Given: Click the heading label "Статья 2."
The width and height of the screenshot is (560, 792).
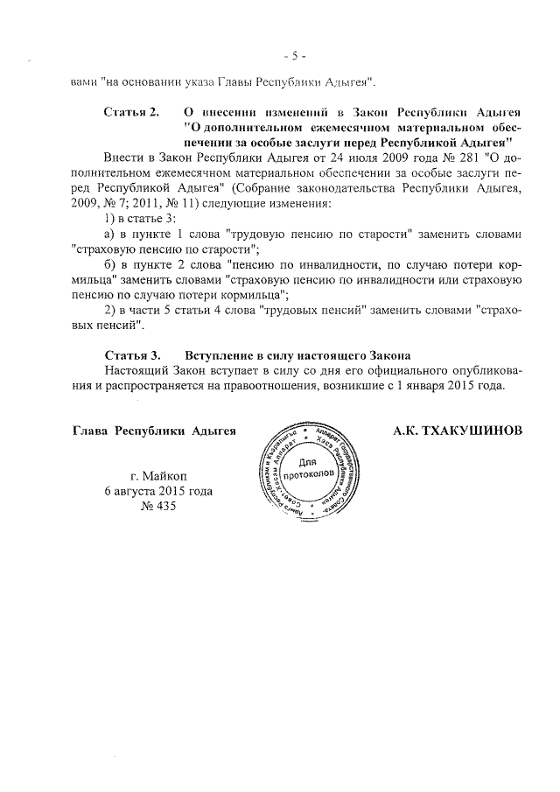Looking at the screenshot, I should [x=132, y=113].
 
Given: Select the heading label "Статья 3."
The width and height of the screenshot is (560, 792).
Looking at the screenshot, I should [x=132, y=354].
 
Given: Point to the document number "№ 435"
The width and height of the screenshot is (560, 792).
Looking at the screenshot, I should [x=157, y=508].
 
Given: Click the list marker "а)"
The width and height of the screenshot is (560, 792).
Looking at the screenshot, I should [x=110, y=235].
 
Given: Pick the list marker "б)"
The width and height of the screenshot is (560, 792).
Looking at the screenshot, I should [x=110, y=263].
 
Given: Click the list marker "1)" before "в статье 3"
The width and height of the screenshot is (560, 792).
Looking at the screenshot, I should [x=110, y=219].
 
